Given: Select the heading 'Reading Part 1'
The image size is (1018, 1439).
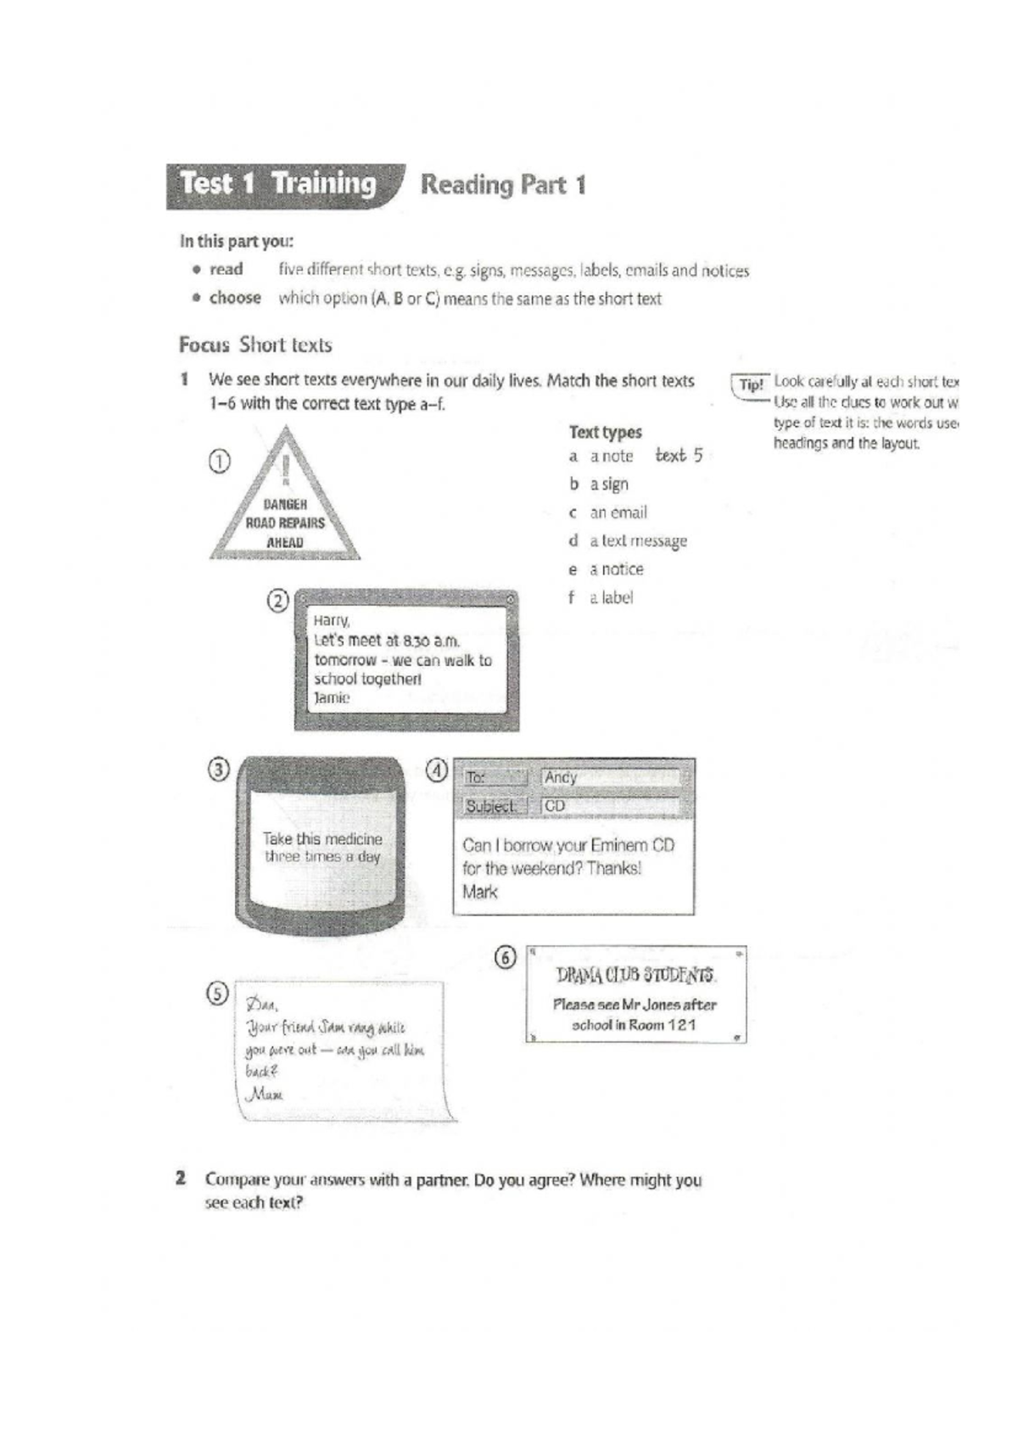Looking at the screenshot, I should point(503,185).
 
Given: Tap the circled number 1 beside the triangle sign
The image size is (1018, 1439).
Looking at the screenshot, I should point(219,462).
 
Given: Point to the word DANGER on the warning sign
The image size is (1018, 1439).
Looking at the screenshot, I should point(285,505).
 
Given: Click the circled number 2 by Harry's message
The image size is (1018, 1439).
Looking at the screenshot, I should point(278,601).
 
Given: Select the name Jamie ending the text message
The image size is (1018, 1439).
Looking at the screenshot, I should point(332,698).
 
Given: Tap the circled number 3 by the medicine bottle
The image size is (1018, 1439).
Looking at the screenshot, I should point(219,770).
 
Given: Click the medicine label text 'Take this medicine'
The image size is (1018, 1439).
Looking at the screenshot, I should point(322,839).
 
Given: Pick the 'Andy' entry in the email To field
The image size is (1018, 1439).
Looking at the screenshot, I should point(561,777).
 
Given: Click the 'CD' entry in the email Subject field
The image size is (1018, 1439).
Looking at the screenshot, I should point(555,806).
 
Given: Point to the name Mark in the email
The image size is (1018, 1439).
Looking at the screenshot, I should point(480,892).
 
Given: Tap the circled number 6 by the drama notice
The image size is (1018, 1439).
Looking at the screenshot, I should point(505,958).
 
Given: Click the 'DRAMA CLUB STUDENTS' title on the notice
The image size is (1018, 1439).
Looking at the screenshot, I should point(635,974).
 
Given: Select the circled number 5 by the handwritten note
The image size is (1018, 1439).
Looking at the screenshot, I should point(218,994).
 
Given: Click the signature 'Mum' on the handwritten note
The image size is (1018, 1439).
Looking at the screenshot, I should point(264,1095).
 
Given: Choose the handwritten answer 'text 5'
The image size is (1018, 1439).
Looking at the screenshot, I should point(679,456).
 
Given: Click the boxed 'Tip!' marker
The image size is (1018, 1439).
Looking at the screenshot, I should point(751,384).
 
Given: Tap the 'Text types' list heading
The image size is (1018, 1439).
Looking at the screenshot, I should point(605,432).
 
